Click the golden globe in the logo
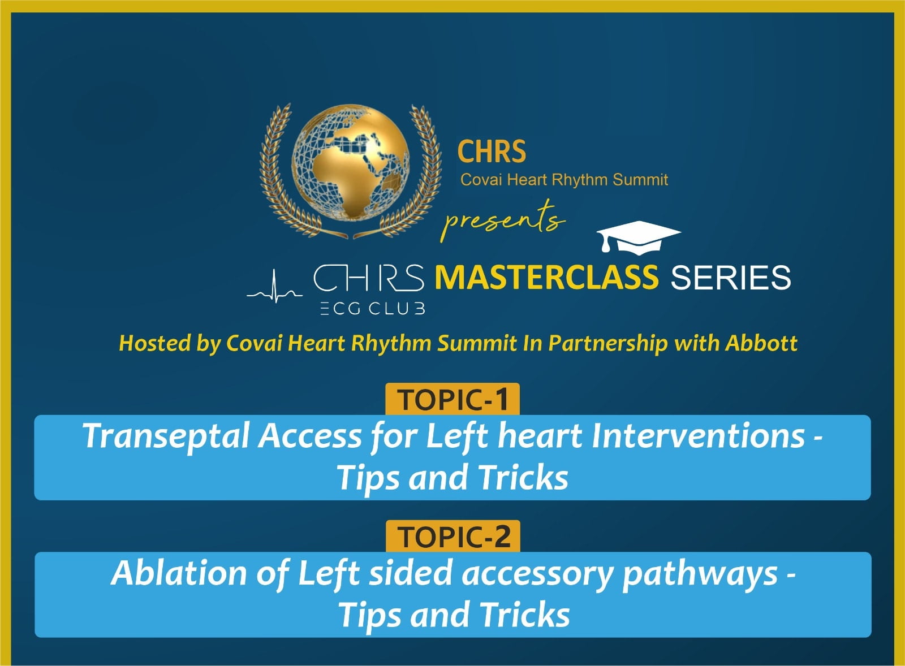click(x=351, y=162)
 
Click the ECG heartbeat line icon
click(x=275, y=287)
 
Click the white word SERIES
click(x=730, y=278)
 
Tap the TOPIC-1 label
click(x=453, y=400)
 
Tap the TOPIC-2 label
click(x=453, y=537)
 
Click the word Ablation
click(x=179, y=573)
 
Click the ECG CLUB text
click(x=373, y=309)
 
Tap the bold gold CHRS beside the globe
click(x=492, y=152)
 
